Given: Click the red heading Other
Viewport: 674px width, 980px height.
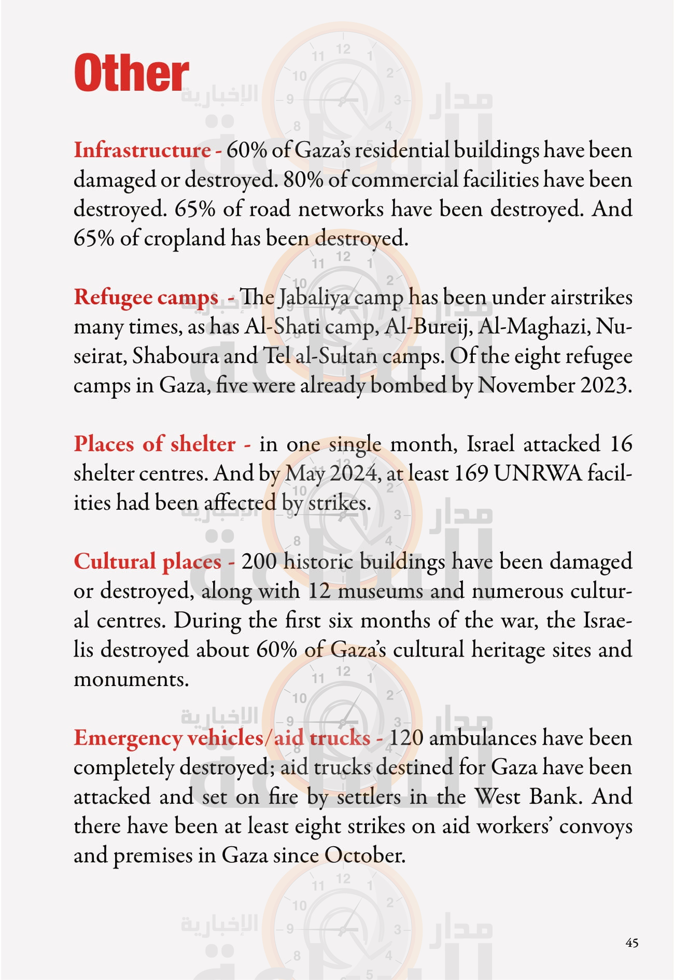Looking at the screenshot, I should tap(132, 73).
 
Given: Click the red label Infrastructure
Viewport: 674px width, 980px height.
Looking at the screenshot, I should tap(142, 150).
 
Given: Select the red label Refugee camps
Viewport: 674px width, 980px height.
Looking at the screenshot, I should tap(146, 298).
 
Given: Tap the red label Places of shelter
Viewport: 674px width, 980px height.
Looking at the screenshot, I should tap(155, 444).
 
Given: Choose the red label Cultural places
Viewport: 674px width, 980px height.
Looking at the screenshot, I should tap(147, 562).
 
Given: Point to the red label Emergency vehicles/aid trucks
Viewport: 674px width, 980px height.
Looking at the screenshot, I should tap(222, 738).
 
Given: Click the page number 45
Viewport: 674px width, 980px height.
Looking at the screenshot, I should tap(631, 942).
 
